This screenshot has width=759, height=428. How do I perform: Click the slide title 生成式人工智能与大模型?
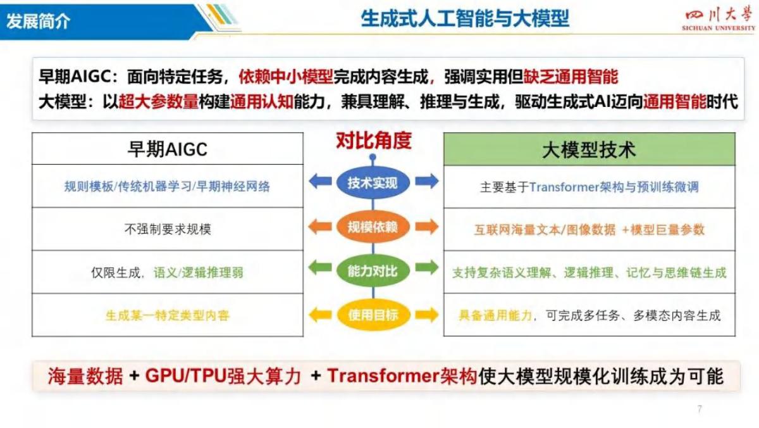[465, 18]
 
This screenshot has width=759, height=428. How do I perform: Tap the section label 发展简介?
[39, 21]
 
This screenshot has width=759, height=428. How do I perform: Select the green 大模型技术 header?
[589, 149]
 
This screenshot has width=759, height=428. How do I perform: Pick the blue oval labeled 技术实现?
[373, 183]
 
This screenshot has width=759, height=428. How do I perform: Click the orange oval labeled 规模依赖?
[373, 227]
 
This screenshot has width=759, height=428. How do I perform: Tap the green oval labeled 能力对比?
[373, 271]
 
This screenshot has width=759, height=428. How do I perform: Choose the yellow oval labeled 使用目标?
[373, 315]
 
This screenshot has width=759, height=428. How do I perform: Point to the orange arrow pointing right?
[426, 226]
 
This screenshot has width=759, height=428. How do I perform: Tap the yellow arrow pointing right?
[426, 314]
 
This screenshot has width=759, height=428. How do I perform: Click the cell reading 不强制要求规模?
[168, 229]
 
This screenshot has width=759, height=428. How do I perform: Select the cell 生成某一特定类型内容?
[168, 315]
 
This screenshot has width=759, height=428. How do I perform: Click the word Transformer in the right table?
[558, 187]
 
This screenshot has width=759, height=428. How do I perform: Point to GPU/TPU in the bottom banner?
[185, 376]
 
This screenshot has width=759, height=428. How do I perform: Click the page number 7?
[699, 409]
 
